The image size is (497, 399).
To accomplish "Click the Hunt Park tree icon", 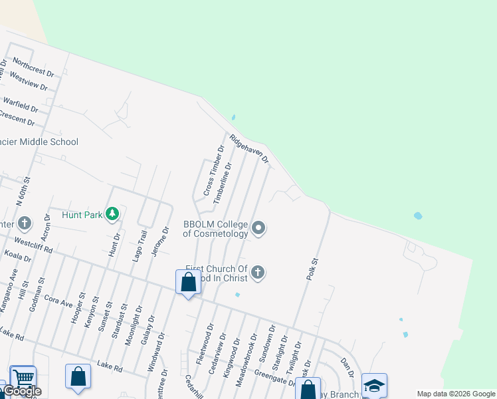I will (x=112, y=213).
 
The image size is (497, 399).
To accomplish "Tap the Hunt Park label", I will (x=82, y=215).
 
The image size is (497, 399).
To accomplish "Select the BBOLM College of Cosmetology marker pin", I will (x=259, y=229).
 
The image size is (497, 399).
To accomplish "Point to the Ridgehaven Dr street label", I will (x=249, y=149).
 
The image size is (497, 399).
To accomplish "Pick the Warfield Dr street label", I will (x=21, y=104).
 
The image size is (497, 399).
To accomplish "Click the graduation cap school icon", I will (x=374, y=386).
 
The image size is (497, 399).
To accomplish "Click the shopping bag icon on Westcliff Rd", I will (x=189, y=282).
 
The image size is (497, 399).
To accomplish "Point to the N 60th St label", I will (x=27, y=191).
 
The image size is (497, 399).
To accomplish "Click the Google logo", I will (x=23, y=392).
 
